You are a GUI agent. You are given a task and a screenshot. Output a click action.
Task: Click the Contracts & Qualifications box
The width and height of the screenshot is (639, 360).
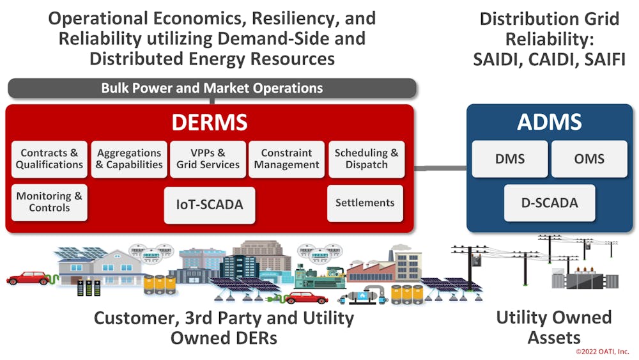50,159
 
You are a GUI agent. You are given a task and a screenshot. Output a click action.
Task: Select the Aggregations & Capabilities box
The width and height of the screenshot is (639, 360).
129,159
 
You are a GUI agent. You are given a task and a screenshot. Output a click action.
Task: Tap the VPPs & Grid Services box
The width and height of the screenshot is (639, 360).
208,159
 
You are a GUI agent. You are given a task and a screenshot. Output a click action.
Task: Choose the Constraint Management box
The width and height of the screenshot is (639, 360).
287,159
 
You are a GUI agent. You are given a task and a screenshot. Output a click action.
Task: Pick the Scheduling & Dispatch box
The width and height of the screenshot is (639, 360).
366,159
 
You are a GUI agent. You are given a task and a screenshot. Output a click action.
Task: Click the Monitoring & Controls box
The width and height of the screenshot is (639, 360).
50,201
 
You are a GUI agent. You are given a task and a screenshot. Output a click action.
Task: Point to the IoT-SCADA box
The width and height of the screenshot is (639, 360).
210,205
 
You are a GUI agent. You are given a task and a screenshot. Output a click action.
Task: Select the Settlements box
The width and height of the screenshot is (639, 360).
365,203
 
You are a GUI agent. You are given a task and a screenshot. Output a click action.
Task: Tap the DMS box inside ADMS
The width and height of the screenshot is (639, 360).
510,159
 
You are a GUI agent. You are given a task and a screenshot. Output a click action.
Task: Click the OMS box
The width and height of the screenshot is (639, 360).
589,159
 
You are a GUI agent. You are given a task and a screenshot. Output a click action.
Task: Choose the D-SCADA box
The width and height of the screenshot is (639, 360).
550,203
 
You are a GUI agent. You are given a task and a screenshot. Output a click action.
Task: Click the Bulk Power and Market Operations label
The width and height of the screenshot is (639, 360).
212,88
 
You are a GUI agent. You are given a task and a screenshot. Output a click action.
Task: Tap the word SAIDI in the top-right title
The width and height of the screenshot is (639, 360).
498,59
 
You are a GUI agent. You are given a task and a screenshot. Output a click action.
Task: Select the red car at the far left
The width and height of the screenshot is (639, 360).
28,278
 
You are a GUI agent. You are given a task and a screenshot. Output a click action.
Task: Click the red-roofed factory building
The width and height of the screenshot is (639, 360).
371,269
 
